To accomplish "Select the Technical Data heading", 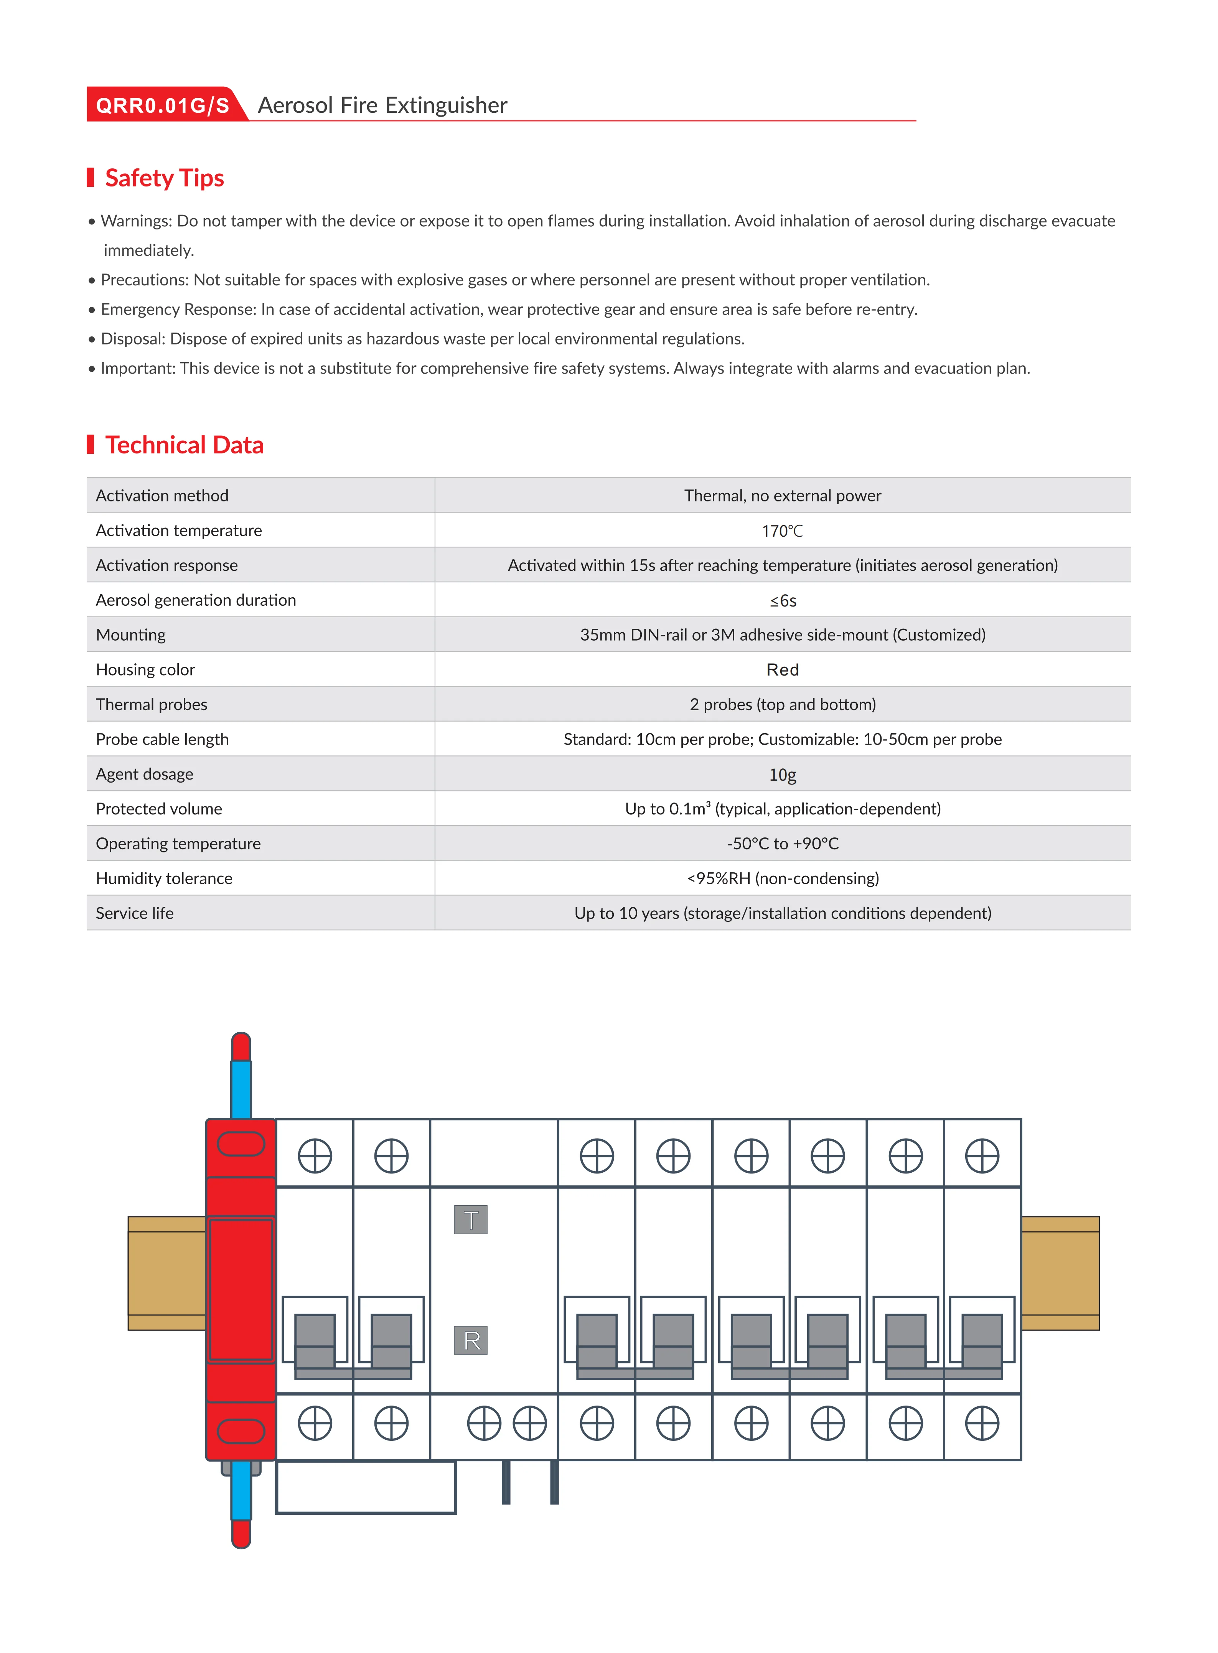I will point(184,445).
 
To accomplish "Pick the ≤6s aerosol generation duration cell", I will point(782,600).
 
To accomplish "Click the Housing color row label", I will point(145,669).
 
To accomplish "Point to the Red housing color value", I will point(782,669).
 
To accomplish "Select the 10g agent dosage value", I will point(782,774).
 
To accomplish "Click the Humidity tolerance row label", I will point(164,878).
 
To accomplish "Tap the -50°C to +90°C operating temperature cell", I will point(782,844).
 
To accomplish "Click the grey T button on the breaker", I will point(470,1220).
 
